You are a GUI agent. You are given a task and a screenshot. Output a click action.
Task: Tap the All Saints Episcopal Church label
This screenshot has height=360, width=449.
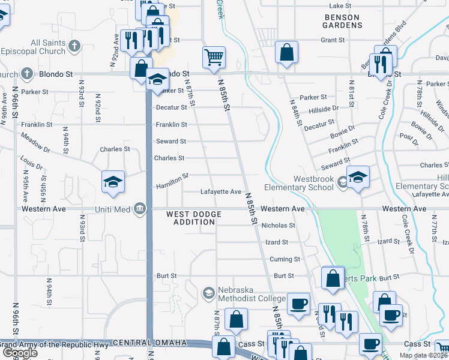point(48,47)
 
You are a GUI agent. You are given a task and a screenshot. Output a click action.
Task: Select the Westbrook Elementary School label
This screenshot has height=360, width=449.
point(313,183)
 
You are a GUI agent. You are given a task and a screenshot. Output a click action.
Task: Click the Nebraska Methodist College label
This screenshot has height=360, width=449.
point(250,294)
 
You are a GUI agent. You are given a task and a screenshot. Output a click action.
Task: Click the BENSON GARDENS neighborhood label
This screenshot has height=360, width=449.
point(343,21)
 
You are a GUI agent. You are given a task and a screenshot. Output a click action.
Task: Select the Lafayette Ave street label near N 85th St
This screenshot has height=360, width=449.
point(221,191)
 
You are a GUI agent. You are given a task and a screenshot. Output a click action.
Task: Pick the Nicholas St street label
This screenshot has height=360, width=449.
point(279,226)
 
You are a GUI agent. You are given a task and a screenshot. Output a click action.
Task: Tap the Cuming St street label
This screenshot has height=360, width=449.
point(285,259)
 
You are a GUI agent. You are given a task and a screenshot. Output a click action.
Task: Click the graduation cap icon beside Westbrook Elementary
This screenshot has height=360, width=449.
point(358,177)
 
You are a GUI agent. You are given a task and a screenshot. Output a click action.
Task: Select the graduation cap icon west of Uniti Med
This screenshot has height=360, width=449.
point(113,182)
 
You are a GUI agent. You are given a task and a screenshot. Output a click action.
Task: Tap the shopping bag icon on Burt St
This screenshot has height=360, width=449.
point(333,278)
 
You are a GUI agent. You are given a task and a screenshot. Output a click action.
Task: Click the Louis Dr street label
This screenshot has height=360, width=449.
point(31,163)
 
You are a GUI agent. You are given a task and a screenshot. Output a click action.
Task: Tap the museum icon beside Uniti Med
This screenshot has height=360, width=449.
point(140,209)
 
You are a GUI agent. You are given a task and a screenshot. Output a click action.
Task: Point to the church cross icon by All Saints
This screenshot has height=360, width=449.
point(74,46)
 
